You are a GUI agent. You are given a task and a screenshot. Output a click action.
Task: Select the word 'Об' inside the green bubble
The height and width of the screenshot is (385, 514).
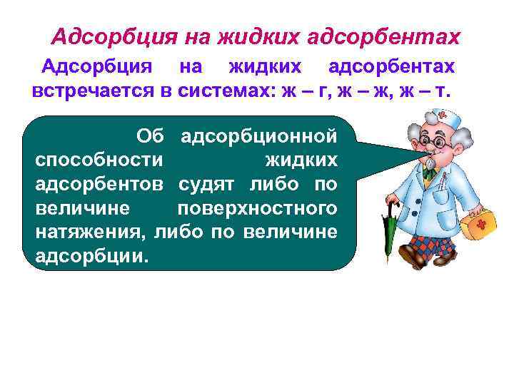click(x=151, y=135)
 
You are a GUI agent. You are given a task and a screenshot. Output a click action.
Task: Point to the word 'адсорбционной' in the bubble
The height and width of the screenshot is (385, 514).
click(x=258, y=135)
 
